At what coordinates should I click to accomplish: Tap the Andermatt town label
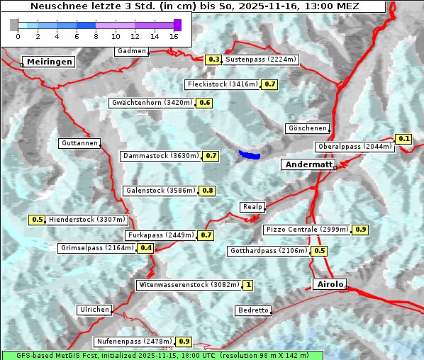(308, 164)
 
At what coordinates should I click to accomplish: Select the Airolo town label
(329, 284)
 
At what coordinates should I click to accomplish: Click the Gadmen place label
(132, 51)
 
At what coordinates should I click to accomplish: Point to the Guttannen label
(79, 143)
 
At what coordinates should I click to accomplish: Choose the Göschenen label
(307, 128)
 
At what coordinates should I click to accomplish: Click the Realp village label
(252, 207)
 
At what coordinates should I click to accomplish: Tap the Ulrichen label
(94, 310)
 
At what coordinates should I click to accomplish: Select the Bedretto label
(253, 310)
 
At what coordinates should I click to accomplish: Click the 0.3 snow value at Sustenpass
(214, 60)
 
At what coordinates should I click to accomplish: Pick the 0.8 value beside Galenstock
(208, 191)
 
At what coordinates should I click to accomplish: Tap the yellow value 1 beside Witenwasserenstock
(247, 285)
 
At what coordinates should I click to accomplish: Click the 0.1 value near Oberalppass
(404, 139)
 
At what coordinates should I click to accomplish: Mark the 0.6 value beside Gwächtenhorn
(204, 103)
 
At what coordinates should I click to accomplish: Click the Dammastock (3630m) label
(160, 155)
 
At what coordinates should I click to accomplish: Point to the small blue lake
(249, 154)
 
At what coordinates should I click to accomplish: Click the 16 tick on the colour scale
(174, 35)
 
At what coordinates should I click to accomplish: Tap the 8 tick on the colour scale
(96, 35)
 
